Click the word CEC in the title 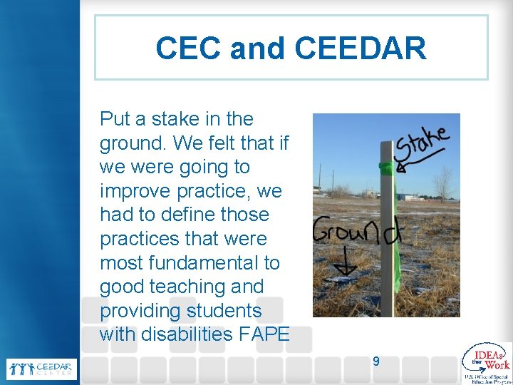(x=187, y=48)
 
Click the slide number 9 (x=376, y=361)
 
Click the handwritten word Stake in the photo (x=423, y=144)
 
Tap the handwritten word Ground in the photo (x=356, y=232)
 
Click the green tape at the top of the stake (x=385, y=169)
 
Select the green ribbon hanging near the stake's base (x=393, y=285)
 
